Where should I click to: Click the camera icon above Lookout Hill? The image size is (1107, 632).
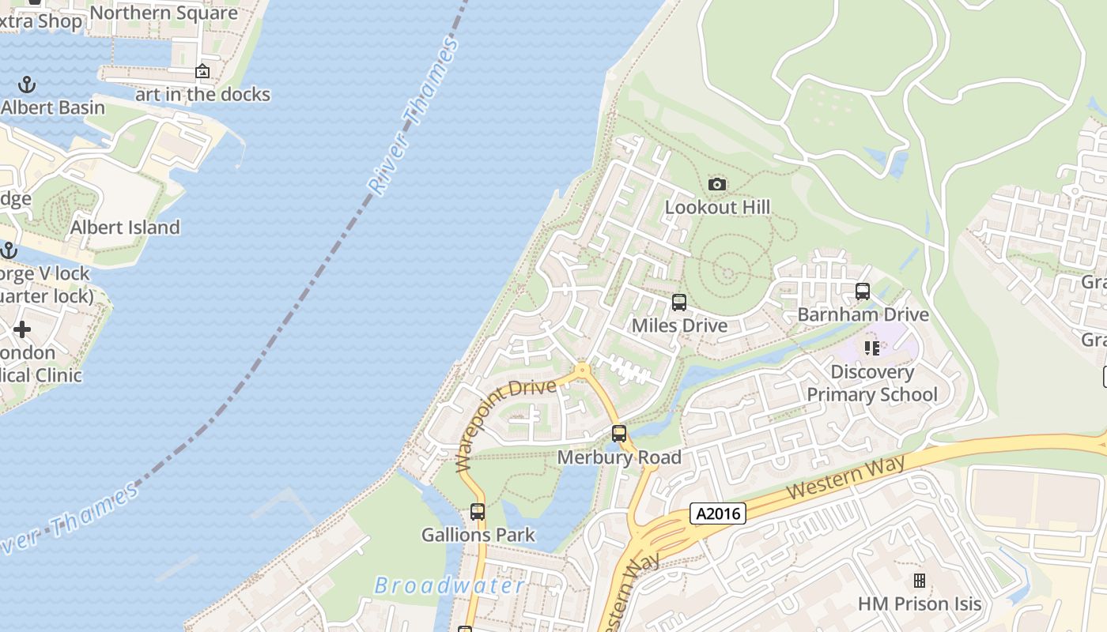click(x=717, y=185)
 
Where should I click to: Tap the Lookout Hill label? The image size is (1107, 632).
click(x=717, y=207)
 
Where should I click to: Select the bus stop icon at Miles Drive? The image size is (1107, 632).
click(x=678, y=303)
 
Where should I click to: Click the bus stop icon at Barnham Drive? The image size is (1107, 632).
click(x=863, y=292)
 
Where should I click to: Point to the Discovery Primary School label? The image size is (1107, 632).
click(x=872, y=383)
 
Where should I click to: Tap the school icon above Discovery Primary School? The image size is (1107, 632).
click(x=872, y=348)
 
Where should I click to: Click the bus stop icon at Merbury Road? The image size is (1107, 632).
click(x=619, y=434)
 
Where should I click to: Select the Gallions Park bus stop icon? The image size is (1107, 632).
click(x=478, y=511)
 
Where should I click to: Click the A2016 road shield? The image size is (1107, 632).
click(x=718, y=513)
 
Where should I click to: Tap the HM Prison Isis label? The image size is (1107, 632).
click(x=920, y=604)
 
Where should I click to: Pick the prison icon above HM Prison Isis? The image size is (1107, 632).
click(x=920, y=581)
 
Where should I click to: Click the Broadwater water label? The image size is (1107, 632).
click(x=449, y=586)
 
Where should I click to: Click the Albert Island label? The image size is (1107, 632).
click(x=125, y=228)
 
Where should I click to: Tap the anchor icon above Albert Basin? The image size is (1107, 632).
click(x=27, y=84)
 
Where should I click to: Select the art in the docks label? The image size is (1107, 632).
click(x=202, y=95)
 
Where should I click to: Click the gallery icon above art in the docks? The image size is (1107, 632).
click(x=202, y=72)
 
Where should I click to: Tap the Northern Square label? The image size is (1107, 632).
click(x=164, y=13)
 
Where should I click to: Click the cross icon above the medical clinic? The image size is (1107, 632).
click(x=22, y=329)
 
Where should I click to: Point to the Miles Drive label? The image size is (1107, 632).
click(x=679, y=325)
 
